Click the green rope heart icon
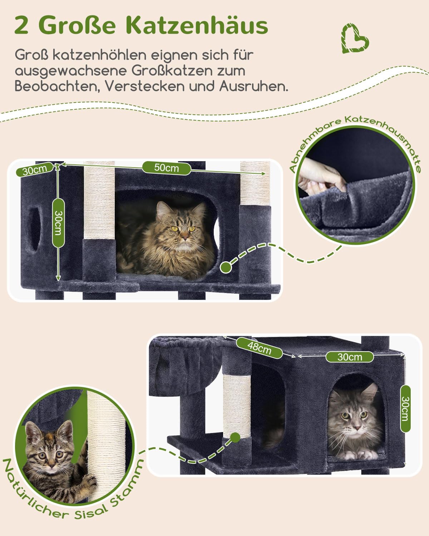click(355, 39)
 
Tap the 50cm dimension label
click(167, 168)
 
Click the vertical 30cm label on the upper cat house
click(58, 223)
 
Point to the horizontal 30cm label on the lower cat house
click(350, 357)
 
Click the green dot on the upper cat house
click(226, 267)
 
